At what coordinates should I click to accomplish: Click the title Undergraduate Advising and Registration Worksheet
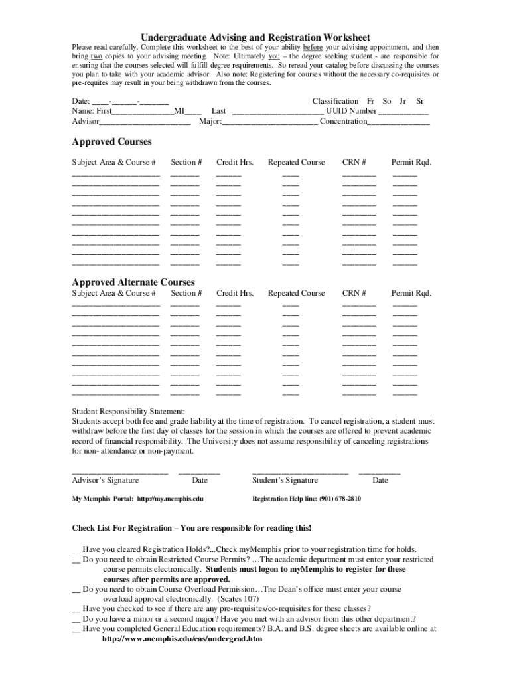255,37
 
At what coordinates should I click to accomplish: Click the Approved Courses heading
111,142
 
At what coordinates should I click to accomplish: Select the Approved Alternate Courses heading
133,282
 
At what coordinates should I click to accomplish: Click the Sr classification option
419,101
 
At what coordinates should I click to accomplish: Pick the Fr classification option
371,101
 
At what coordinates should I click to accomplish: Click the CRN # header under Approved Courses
354,162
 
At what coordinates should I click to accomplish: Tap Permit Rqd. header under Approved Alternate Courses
411,293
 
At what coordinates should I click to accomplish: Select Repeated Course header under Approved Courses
296,162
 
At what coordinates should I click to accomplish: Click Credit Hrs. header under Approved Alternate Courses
235,293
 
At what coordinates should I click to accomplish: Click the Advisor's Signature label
106,480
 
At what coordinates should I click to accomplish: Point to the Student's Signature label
285,480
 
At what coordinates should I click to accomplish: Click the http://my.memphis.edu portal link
170,499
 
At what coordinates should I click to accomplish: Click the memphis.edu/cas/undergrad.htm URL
182,639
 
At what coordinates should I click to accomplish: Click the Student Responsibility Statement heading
128,411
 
